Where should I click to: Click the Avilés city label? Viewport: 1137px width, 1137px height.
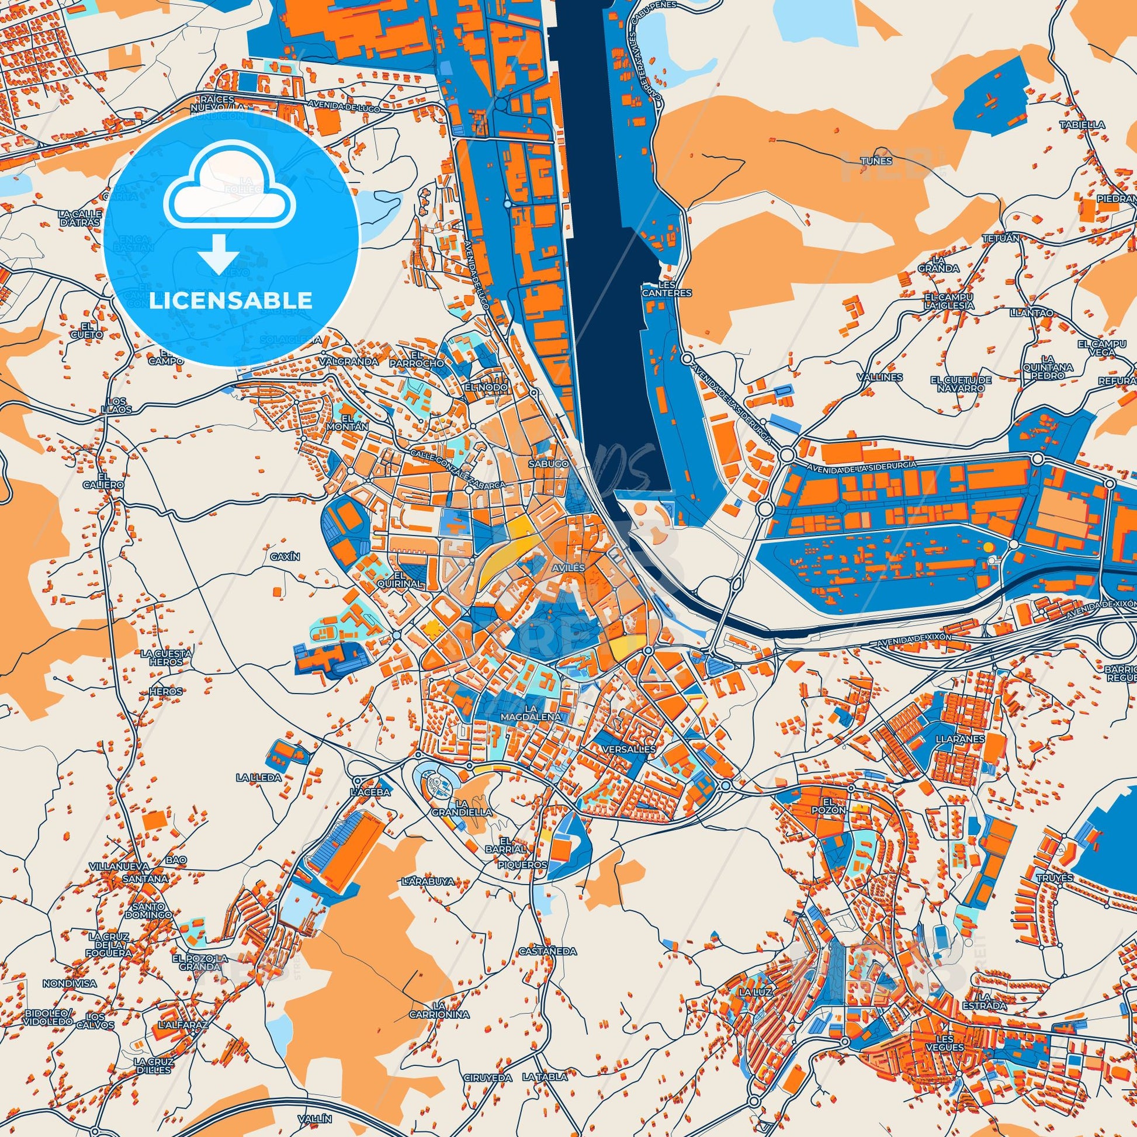coord(568,568)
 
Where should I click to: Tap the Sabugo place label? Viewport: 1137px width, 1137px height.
coord(549,464)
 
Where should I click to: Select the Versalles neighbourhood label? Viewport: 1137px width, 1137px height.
coord(629,750)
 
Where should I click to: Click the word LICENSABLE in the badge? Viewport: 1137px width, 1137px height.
coord(231,301)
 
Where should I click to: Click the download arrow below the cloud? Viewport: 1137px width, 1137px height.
coord(218,254)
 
